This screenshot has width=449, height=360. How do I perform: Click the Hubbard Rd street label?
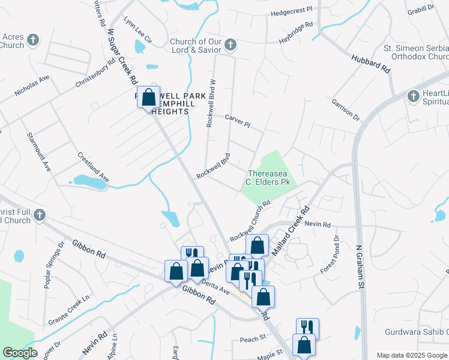(370, 62)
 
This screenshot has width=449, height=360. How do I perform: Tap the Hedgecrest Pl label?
(292, 11)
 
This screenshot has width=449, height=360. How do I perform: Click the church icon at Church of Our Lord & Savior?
(231, 45)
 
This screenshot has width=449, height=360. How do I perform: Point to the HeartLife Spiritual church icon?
(412, 95)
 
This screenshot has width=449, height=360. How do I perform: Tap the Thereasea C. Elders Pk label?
(269, 177)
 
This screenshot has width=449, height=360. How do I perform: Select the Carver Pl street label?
(237, 120)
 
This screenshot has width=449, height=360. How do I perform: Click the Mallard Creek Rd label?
(289, 232)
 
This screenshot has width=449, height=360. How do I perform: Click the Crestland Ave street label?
(93, 167)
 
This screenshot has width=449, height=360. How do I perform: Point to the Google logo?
(20, 353)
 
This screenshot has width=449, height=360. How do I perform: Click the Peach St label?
(253, 339)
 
